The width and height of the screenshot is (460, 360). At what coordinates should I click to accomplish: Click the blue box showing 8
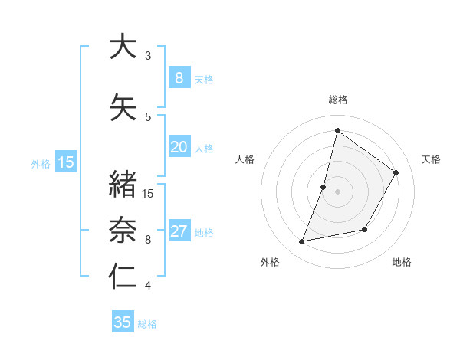[x=179, y=77]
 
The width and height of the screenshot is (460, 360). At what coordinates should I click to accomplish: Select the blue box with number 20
[x=179, y=147]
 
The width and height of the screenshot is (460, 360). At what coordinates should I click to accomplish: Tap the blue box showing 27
[x=179, y=231]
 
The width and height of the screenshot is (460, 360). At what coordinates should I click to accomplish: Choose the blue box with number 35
[x=122, y=322]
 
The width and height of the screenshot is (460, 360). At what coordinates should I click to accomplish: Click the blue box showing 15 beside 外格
[x=65, y=162]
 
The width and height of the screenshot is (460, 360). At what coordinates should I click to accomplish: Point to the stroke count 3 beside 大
[x=148, y=55]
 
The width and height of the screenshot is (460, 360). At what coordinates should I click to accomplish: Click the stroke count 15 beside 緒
[x=149, y=193]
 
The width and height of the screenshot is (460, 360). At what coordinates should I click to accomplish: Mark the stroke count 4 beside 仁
[x=148, y=286]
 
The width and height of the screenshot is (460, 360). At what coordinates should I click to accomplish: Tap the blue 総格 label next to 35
[x=147, y=324]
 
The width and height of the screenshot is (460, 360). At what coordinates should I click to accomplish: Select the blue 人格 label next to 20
[x=204, y=149]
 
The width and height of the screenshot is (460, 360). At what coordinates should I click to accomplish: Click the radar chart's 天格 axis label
[x=431, y=159]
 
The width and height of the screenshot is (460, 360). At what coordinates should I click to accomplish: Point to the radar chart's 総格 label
[x=337, y=100]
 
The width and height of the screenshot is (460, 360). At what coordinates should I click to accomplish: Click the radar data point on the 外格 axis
[x=302, y=242]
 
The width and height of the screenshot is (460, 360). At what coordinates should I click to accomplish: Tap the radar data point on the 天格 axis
[x=396, y=172]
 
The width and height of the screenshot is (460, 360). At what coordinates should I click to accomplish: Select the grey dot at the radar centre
[x=337, y=191]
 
